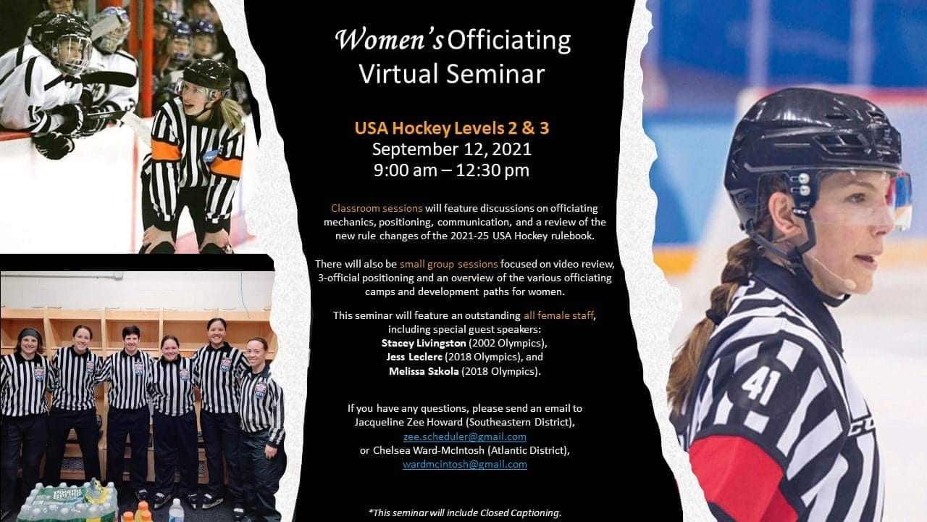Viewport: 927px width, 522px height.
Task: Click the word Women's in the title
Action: pyautogui.click(x=390, y=40)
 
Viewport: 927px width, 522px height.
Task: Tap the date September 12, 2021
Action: pyautogui.click(x=451, y=149)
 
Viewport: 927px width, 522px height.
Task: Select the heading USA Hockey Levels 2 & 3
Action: pyautogui.click(x=451, y=128)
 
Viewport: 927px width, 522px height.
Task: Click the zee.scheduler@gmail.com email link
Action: pyautogui.click(x=465, y=436)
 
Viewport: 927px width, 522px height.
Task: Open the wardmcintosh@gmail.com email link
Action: pyautogui.click(x=465, y=465)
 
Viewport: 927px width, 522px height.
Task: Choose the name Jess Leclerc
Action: pyautogui.click(x=414, y=357)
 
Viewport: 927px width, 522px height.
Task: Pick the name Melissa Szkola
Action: pyautogui.click(x=424, y=370)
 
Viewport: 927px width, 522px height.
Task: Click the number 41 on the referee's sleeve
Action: pyautogui.click(x=760, y=387)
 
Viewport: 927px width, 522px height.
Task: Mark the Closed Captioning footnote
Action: pyautogui.click(x=465, y=513)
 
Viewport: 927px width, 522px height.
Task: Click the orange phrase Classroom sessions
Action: pyautogui.click(x=377, y=208)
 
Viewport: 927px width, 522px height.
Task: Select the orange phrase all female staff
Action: pyautogui.click(x=558, y=315)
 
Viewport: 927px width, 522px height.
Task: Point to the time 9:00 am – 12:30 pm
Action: pyautogui.click(x=451, y=170)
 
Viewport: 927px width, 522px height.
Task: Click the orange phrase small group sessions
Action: pyautogui.click(x=448, y=264)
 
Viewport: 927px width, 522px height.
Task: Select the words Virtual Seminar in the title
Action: pyautogui.click(x=451, y=74)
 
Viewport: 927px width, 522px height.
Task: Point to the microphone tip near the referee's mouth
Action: pyautogui.click(x=850, y=284)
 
